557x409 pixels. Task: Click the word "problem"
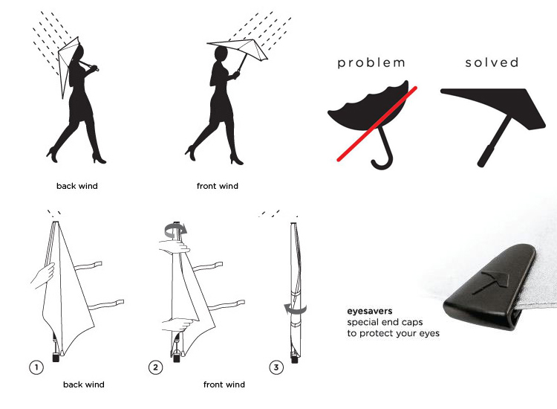coord(371,63)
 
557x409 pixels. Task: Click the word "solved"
coord(492,62)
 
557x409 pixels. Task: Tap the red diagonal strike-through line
coord(377,123)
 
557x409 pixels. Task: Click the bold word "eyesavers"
coord(370,311)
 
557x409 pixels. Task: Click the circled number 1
coord(36,367)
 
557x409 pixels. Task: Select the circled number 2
coord(156,367)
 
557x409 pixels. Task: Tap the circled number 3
coord(276,367)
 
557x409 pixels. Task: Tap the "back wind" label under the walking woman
coord(77,186)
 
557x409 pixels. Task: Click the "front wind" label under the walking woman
coord(218,186)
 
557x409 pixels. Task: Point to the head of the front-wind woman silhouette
coord(221,54)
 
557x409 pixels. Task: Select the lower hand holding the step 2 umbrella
coord(177,324)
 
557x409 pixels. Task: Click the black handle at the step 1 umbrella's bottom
coord(56,357)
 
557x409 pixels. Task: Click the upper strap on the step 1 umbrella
coord(88,266)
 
